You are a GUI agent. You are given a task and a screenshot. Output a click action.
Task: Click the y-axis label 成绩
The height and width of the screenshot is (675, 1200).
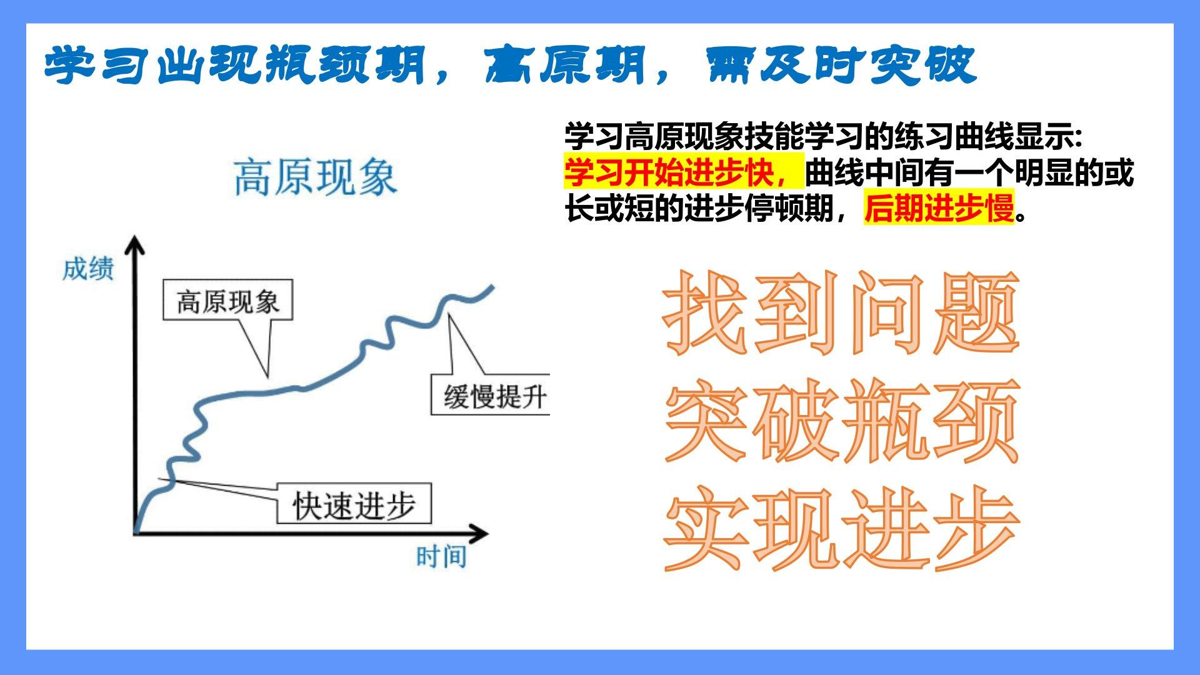pyautogui.click(x=87, y=269)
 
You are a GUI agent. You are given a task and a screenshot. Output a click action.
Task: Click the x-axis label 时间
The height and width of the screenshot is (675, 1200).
pyautogui.click(x=441, y=556)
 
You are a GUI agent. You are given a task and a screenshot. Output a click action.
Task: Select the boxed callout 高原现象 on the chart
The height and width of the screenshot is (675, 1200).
pyautogui.click(x=227, y=300)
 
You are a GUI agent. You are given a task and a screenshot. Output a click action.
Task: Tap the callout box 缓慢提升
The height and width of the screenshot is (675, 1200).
pyautogui.click(x=490, y=395)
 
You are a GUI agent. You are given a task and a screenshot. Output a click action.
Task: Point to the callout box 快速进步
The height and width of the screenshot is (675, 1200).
pyautogui.click(x=354, y=504)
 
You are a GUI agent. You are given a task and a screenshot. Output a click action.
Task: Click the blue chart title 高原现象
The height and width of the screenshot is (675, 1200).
pyautogui.click(x=316, y=178)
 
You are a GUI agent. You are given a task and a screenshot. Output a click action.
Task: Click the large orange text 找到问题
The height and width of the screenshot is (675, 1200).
pyautogui.click(x=841, y=312)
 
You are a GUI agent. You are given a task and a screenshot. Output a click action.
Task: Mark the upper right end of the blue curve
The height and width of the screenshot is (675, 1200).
pyautogui.click(x=493, y=287)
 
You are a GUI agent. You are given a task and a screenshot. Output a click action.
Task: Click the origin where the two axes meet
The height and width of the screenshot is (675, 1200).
pyautogui.click(x=134, y=534)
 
